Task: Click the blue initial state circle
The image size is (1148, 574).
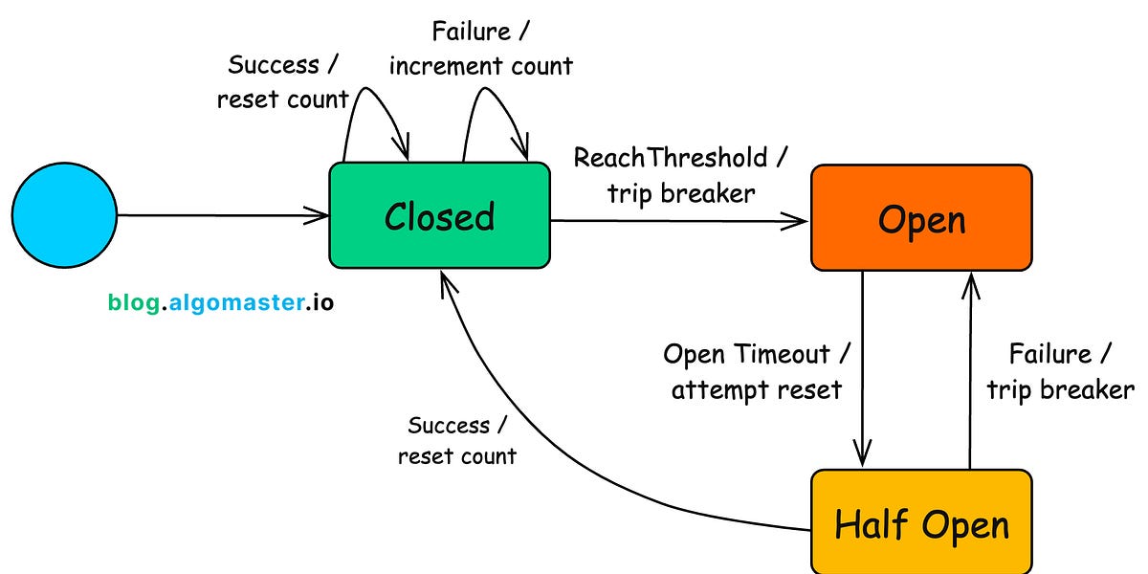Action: [63, 216]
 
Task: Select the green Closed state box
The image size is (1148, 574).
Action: [440, 215]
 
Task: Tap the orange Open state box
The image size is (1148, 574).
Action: [921, 218]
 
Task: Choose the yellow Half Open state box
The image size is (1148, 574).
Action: [921, 523]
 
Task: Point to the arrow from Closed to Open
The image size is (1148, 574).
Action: [679, 221]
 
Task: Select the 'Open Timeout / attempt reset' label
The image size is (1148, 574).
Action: [756, 371]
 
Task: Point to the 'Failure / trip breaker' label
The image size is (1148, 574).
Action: [1060, 371]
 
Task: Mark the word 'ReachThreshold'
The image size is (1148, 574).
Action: [670, 157]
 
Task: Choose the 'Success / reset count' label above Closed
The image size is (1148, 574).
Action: [283, 81]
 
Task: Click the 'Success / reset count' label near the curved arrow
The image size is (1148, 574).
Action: [456, 440]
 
